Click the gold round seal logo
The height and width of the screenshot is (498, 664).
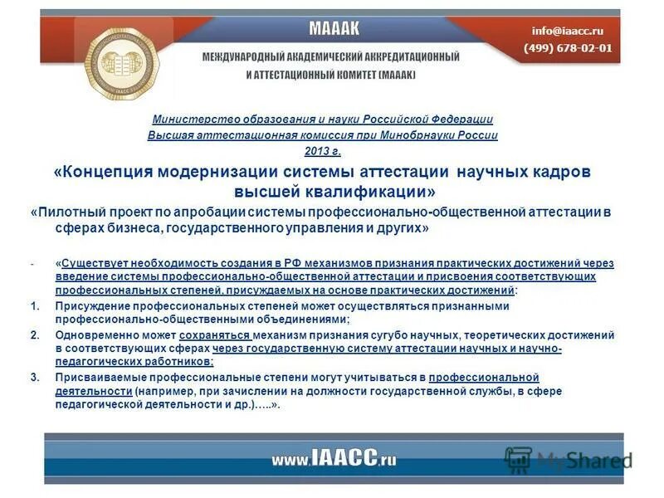coord(127,60)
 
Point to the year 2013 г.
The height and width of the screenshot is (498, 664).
coord(323,151)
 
